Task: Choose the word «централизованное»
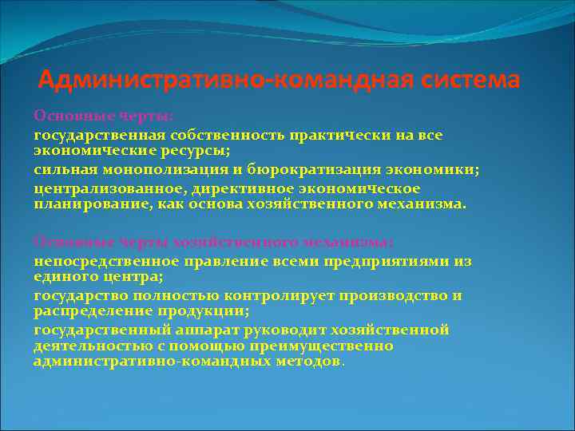coord(100,189)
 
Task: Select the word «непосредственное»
coord(99,261)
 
